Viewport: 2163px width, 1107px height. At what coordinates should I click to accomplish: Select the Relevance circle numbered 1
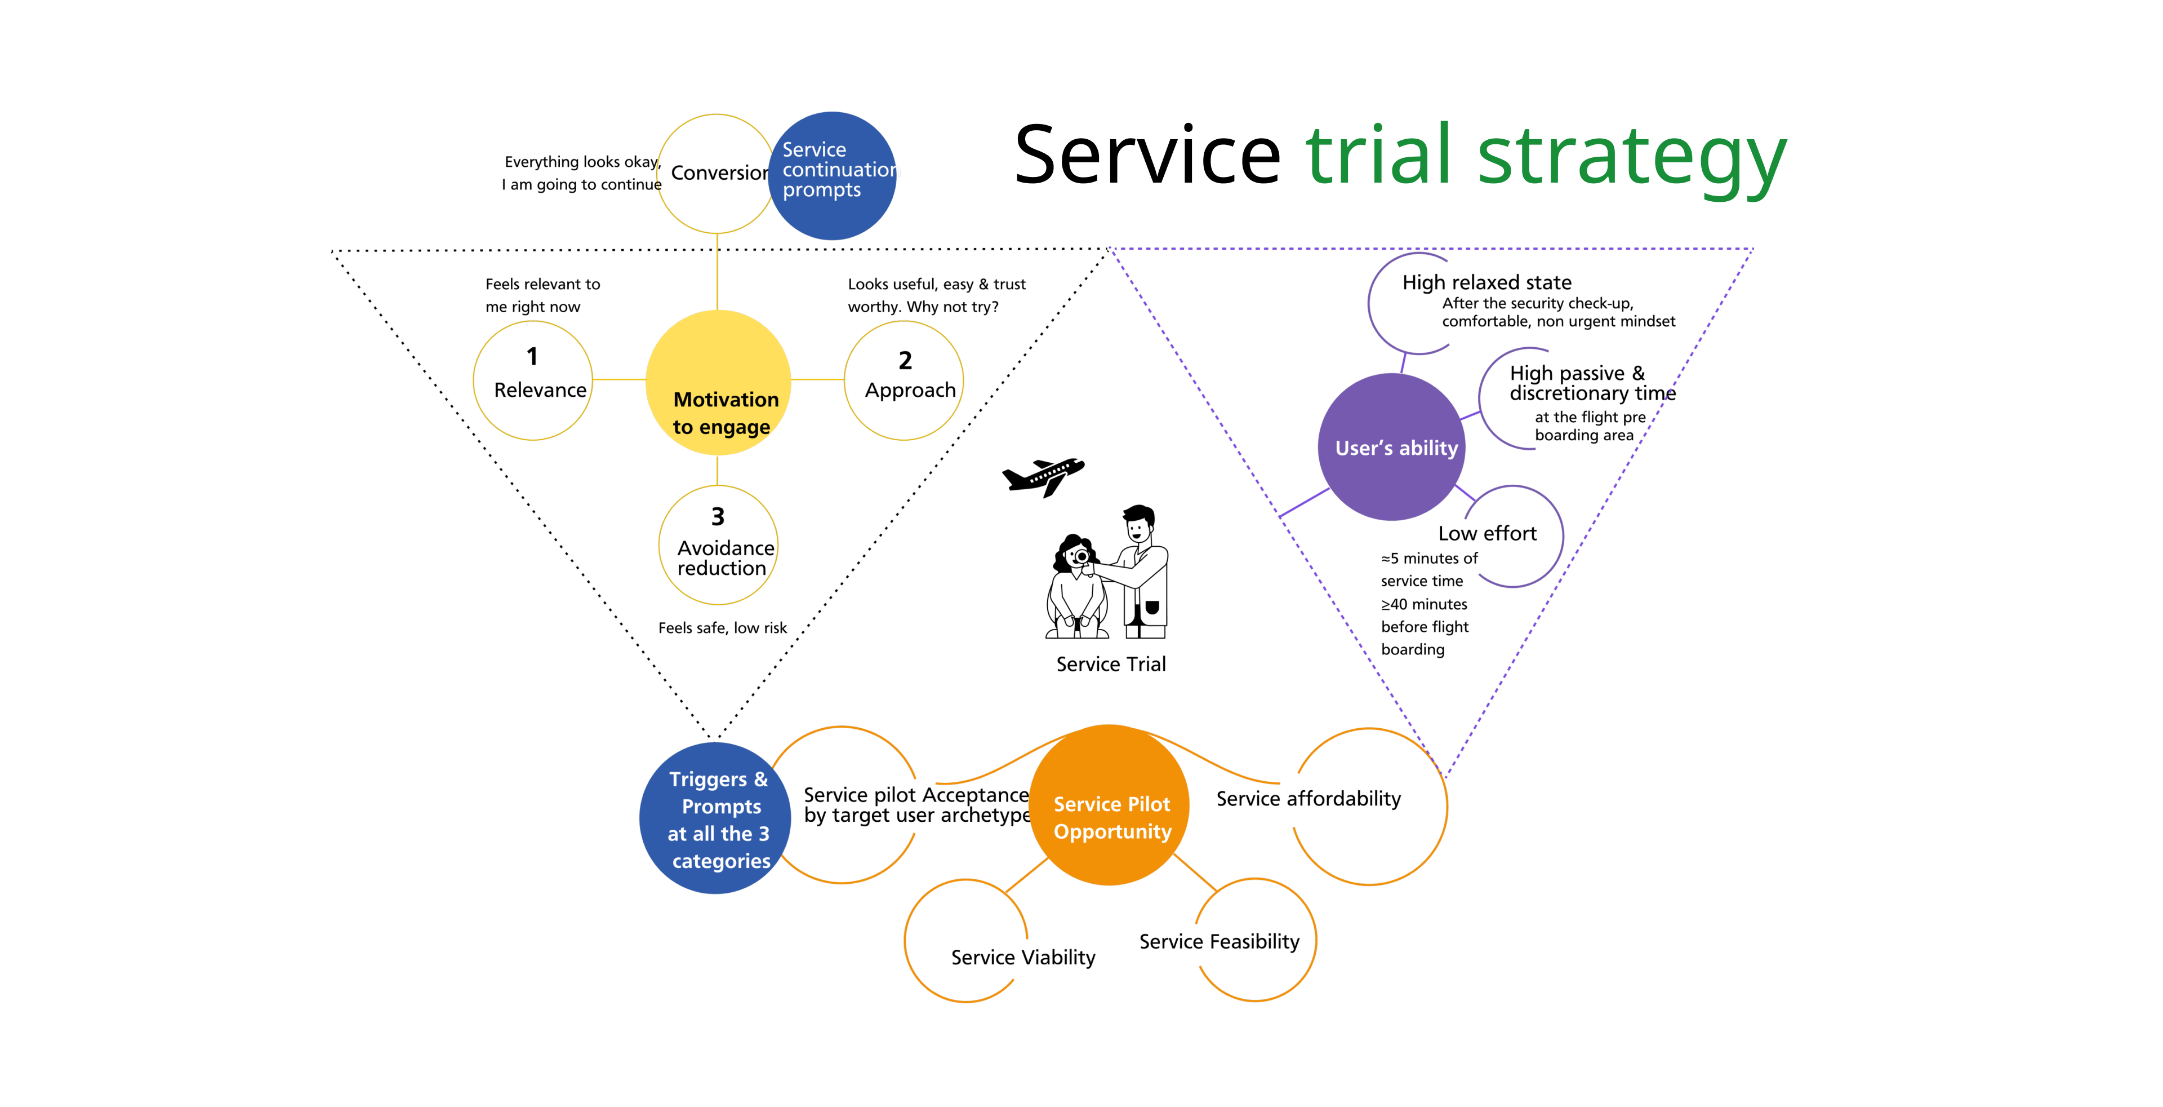click(x=533, y=380)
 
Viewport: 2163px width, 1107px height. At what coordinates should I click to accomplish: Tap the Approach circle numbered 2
click(x=904, y=380)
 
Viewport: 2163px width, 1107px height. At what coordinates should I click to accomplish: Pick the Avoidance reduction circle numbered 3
click(x=718, y=545)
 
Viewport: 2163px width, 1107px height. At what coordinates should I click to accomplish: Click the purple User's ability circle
click(x=1392, y=447)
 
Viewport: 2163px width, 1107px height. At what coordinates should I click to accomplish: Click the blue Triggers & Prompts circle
click(x=715, y=818)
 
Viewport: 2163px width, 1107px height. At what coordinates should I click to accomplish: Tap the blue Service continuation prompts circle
click(x=832, y=175)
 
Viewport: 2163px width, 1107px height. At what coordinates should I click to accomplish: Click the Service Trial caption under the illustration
click(x=1111, y=665)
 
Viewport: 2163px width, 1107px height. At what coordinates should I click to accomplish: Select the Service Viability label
click(x=1023, y=958)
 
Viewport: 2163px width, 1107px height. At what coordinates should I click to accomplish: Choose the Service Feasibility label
click(x=1219, y=941)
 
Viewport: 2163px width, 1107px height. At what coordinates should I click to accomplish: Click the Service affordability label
click(x=1308, y=799)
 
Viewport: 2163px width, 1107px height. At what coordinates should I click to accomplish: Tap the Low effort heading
click(x=1487, y=533)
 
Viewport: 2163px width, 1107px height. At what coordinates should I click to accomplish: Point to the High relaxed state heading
click(x=1486, y=282)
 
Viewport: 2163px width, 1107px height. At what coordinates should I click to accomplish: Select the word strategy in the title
click(x=1631, y=157)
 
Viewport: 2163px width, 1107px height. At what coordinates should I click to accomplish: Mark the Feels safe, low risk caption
click(x=722, y=628)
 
